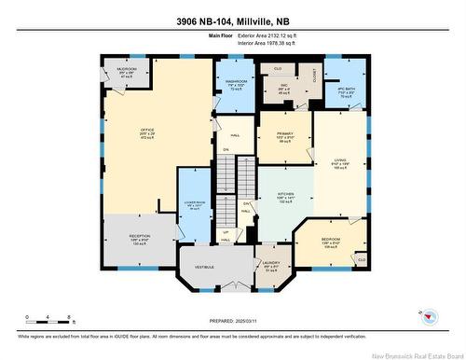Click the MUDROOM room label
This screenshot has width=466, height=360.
tap(129, 70)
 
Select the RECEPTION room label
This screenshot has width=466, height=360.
tap(140, 238)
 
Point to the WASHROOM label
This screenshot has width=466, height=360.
tap(235, 83)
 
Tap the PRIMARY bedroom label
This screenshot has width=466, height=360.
tap(284, 134)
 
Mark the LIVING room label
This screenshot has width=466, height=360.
tap(340, 161)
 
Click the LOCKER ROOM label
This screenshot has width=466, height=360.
tap(196, 203)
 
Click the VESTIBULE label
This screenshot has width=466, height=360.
tap(204, 268)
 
